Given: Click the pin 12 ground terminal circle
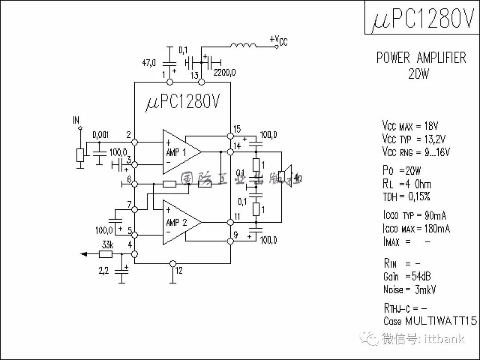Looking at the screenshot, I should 173,264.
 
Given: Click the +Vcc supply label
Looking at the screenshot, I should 279,40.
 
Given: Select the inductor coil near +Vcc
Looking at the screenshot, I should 243,46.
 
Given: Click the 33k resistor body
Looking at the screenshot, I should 105,254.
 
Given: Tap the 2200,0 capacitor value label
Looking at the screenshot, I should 224,72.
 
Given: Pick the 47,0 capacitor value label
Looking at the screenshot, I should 149,63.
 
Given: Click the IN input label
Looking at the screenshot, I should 76,120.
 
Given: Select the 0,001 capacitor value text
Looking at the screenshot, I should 100,134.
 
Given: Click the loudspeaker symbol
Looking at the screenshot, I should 285,177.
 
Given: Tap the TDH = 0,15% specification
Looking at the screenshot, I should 406,197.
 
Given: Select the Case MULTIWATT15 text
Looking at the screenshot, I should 430,321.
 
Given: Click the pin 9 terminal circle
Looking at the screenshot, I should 230,241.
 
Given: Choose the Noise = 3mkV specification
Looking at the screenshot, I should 409,290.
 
